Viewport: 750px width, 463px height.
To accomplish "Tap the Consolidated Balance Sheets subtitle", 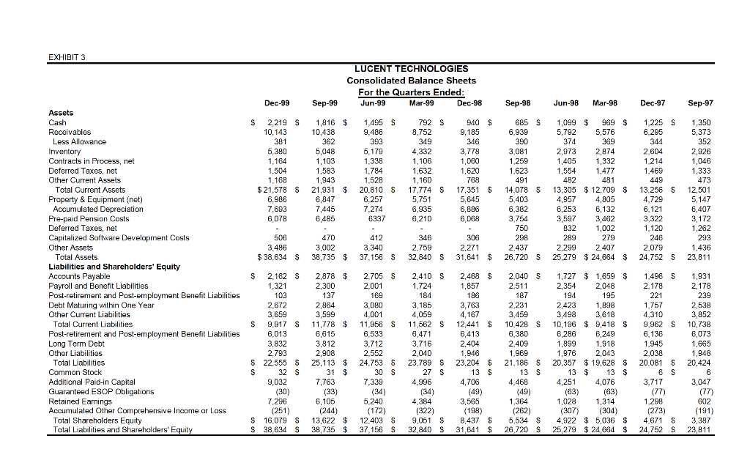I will [411, 81].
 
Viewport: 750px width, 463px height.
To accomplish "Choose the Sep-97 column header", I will [700, 104].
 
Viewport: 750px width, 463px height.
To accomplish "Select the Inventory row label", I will [65, 152].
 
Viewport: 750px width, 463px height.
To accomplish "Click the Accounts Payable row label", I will [78, 276].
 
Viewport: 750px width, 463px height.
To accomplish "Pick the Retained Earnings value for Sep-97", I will [705, 401].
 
